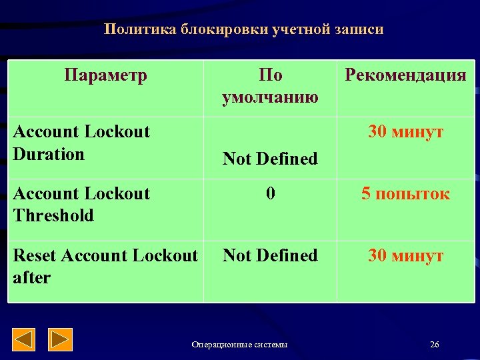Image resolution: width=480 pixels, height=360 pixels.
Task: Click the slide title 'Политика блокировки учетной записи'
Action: coord(243,30)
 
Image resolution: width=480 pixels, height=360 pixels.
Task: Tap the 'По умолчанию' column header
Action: coord(269,86)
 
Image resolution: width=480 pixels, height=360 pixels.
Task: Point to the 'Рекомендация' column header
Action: coord(405,75)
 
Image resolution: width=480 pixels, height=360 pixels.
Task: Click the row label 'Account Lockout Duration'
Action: coord(81,143)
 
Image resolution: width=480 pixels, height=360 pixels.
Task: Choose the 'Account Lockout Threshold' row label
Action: coord(81,205)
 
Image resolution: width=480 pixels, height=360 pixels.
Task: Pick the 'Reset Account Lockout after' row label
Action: coord(105,266)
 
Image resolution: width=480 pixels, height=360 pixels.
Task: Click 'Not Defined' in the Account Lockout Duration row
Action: coord(270,159)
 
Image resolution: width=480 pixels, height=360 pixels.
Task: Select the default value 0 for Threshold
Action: coord(270,194)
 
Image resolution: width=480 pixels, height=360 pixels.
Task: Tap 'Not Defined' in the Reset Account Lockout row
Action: coord(270,255)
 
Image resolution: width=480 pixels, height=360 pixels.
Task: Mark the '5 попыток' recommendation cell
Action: coord(405,194)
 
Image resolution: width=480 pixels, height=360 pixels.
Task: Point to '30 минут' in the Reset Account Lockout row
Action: coord(405,255)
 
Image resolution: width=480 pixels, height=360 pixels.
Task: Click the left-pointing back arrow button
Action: coord(25,340)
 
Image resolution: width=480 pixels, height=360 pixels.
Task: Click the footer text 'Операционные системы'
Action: coord(239,345)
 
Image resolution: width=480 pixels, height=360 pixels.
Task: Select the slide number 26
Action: coord(435,345)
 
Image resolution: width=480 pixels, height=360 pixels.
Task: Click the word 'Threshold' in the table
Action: coord(53,215)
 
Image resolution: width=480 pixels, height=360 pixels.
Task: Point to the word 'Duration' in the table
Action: coord(49,154)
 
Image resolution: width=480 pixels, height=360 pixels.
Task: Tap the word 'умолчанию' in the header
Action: coord(269,97)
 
